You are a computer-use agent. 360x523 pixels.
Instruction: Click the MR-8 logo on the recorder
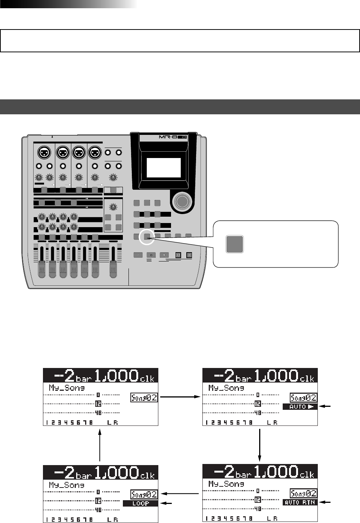[173, 137]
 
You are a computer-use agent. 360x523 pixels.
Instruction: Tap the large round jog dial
[182, 202]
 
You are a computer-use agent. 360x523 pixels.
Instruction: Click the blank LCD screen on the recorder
[164, 167]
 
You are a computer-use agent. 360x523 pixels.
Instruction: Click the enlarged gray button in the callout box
[235, 244]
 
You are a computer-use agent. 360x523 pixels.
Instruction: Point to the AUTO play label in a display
[300, 407]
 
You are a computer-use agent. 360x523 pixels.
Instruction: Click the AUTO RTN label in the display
[300, 502]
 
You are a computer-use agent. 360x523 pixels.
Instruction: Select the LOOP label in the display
[140, 504]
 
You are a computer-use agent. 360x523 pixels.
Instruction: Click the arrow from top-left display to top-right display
[180, 397]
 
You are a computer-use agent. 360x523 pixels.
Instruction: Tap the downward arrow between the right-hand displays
[260, 445]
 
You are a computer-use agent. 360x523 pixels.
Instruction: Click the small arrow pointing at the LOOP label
[167, 504]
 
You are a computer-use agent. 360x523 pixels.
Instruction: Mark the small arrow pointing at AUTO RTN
[326, 502]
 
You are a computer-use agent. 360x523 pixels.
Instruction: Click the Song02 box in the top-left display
[144, 398]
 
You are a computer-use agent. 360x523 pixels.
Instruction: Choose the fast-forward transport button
[189, 255]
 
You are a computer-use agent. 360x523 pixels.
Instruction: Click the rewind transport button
[178, 255]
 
